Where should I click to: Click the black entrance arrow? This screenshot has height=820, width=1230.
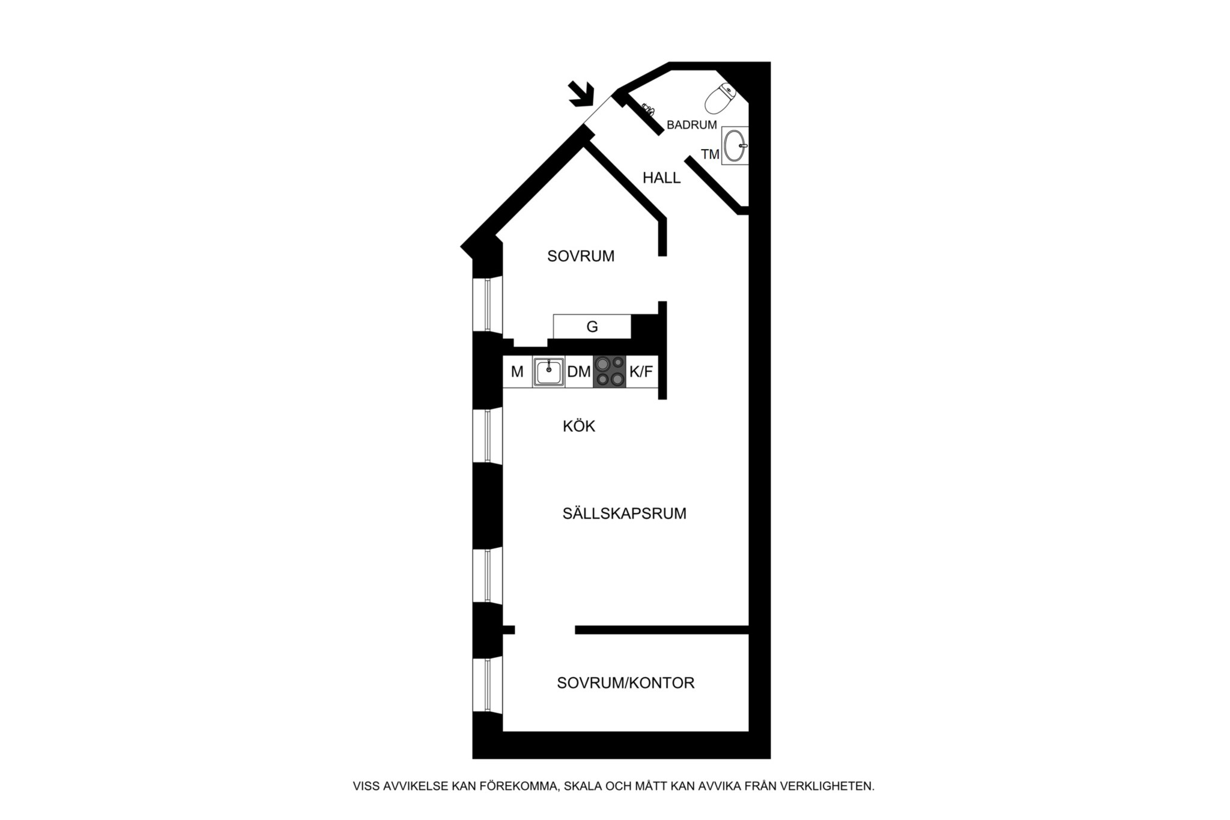582,94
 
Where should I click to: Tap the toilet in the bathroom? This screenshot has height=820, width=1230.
721,99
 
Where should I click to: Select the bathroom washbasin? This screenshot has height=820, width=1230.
735,145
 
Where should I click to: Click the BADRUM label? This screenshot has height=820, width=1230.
692,125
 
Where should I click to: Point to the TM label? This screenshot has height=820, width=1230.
710,154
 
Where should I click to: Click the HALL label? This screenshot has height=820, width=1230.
661,178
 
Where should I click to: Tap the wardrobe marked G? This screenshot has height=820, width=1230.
592,326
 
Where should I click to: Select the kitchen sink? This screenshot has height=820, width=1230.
548,371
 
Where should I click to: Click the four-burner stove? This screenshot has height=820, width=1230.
610,371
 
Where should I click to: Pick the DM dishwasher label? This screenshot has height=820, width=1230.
579,372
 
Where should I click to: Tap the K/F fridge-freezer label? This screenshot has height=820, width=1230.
641,372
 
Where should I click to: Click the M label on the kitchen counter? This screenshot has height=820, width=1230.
517,372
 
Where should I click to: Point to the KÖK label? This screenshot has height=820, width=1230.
579,426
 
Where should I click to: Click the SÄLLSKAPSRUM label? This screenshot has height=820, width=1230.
625,514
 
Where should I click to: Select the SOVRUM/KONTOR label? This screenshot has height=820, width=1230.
626,683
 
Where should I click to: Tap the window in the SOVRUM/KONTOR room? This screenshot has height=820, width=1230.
488,685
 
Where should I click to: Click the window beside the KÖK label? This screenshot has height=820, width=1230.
488,436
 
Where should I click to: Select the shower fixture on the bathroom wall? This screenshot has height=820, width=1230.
648,109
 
